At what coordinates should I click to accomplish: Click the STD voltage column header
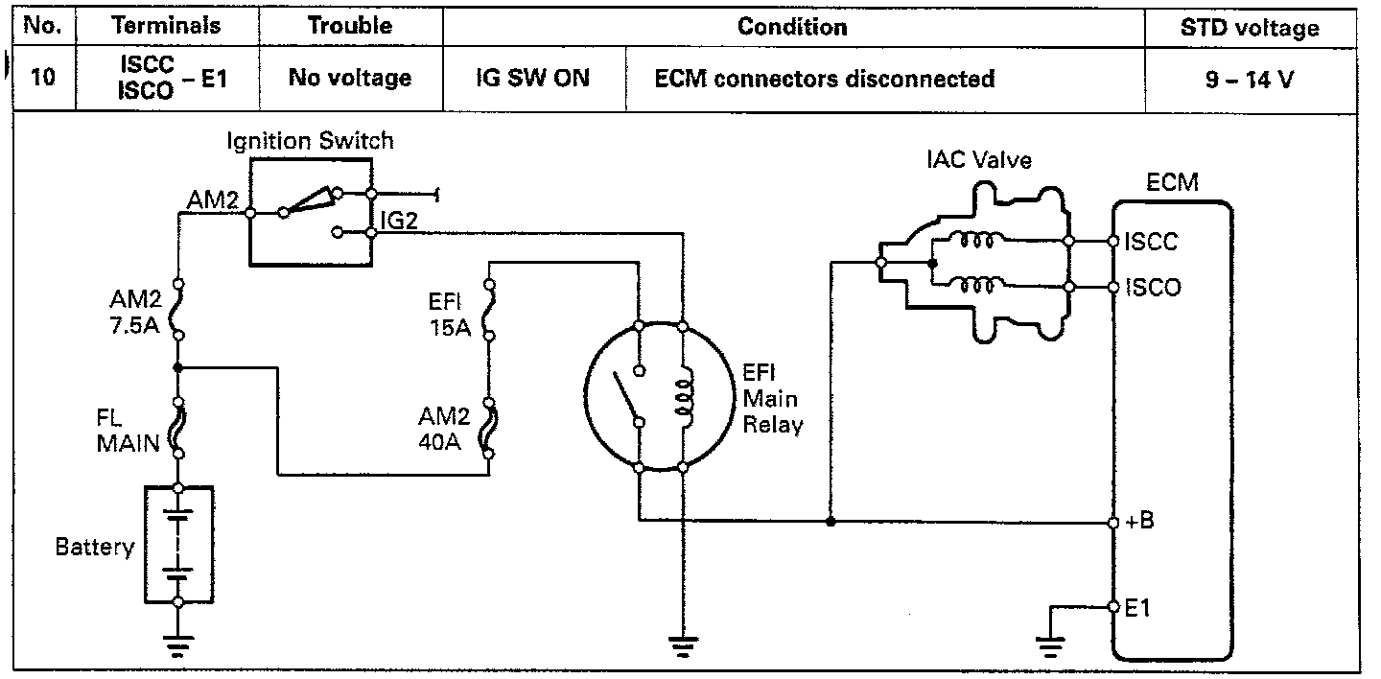(1250, 28)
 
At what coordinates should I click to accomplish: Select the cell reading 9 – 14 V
(1250, 79)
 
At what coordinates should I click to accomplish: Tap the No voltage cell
(350, 79)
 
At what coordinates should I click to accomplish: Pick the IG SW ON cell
(532, 79)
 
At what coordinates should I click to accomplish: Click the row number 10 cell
(42, 79)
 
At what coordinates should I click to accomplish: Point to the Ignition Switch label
(310, 141)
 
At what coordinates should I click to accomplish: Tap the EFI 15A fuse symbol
(488, 310)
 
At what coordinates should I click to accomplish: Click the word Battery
(94, 548)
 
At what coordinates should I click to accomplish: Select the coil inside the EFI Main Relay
(683, 397)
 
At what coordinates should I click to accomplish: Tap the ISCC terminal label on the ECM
(1152, 241)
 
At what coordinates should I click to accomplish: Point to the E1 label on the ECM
(1137, 607)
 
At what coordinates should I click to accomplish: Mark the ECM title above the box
(1172, 182)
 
